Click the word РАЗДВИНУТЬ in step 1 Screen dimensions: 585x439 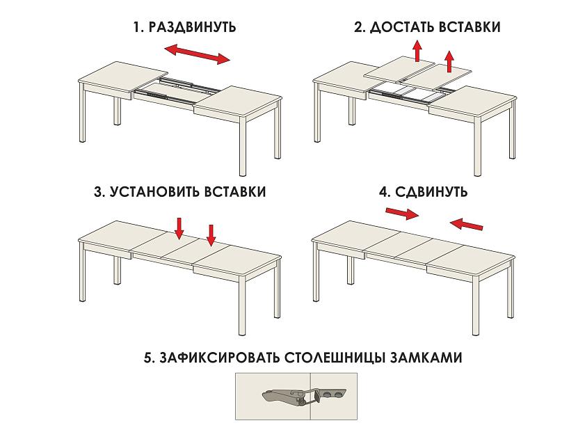pyautogui.click(x=193, y=27)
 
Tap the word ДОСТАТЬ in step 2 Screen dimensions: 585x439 pyautogui.click(x=402, y=27)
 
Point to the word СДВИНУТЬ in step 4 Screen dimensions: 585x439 pyautogui.click(x=431, y=192)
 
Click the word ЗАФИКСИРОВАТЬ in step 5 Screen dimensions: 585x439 pyautogui.click(x=219, y=357)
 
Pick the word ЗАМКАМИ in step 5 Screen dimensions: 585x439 pyautogui.click(x=426, y=357)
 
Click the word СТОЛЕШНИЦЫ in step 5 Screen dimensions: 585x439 pyautogui.click(x=335, y=357)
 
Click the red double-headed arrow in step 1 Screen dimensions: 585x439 pyautogui.click(x=198, y=54)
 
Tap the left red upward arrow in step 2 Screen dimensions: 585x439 pyautogui.click(x=417, y=51)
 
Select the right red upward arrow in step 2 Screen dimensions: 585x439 pyautogui.click(x=449, y=61)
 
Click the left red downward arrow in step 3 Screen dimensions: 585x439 pyautogui.click(x=179, y=228)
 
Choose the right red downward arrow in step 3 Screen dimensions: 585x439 pyautogui.click(x=211, y=235)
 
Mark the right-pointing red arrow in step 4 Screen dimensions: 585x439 pyautogui.click(x=402, y=214)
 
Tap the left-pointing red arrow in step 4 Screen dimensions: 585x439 pyautogui.click(x=466, y=224)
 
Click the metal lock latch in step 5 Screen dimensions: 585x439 pyautogui.click(x=304, y=396)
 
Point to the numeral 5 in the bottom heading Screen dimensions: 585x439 pyautogui.click(x=147, y=358)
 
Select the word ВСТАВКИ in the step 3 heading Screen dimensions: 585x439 pyautogui.click(x=235, y=192)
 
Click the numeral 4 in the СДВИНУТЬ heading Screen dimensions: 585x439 pyautogui.click(x=383, y=192)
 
